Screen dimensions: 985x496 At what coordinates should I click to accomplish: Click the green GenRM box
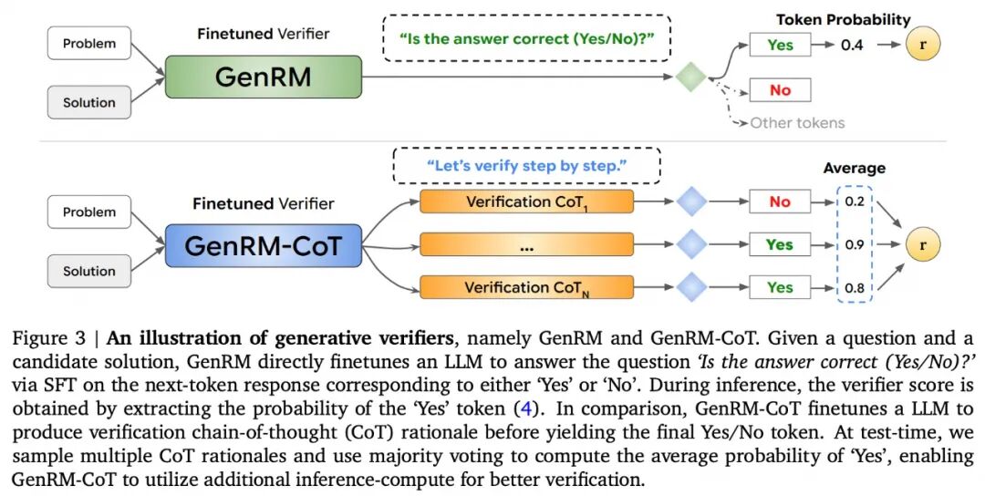[264, 77]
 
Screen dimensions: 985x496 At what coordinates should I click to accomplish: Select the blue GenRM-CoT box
[264, 245]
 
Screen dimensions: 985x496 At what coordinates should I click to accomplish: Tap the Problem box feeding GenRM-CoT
[89, 212]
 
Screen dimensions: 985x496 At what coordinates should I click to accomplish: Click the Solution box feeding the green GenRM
[89, 102]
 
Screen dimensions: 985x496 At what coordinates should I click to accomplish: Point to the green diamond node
[691, 77]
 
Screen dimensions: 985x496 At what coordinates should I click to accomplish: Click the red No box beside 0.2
[780, 201]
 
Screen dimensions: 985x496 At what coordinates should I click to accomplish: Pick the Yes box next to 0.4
[780, 45]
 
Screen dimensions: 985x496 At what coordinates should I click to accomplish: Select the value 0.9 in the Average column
[855, 245]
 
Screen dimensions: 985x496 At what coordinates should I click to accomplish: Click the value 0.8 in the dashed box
[855, 288]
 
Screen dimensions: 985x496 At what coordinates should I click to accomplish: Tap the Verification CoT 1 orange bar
[526, 201]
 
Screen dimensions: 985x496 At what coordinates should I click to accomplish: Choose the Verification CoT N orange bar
[526, 287]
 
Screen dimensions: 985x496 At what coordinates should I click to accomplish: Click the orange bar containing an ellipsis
[526, 245]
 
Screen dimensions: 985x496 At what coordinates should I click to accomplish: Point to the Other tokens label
[797, 122]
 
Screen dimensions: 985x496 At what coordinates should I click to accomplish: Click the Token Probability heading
[843, 19]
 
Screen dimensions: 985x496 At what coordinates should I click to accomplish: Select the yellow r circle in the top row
[923, 44]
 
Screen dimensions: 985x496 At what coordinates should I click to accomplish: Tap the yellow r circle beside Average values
[923, 245]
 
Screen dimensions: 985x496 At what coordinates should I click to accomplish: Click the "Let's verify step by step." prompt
[526, 166]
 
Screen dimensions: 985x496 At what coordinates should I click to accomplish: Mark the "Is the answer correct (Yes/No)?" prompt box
[526, 38]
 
